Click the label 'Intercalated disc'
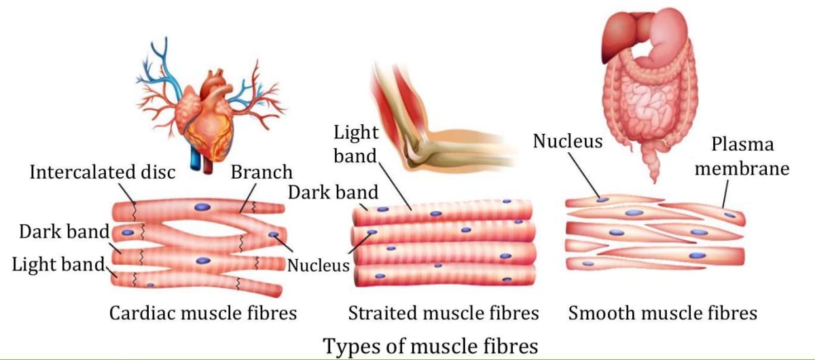click(102, 172)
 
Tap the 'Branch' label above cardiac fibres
click(261, 172)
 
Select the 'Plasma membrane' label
click(742, 156)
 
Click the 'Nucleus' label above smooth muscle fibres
click(567, 141)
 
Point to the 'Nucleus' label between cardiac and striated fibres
click(317, 264)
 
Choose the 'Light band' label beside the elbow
click(355, 143)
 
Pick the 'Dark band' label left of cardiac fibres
click(64, 232)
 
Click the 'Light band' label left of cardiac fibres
click(58, 264)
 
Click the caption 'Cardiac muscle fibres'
click(203, 313)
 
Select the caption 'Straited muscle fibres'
click(443, 313)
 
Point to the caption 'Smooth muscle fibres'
click(662, 313)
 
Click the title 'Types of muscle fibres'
click(430, 345)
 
